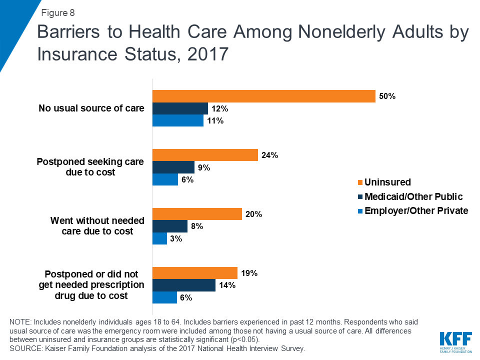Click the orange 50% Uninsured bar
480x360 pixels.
[x=263, y=96]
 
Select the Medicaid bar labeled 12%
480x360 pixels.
[x=180, y=108]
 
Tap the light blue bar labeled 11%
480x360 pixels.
[x=177, y=120]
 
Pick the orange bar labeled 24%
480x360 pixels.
[x=205, y=155]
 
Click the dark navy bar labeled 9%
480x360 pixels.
[x=173, y=167]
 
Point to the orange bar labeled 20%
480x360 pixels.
[x=197, y=214]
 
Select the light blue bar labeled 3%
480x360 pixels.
[x=159, y=238]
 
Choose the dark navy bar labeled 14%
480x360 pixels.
[x=183, y=285]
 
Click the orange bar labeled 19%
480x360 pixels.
[x=194, y=273]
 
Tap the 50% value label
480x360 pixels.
[x=387, y=96]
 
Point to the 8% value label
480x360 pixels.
[x=196, y=226]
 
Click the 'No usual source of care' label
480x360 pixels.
[x=91, y=108]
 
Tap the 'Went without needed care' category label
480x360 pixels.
[x=98, y=226]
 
